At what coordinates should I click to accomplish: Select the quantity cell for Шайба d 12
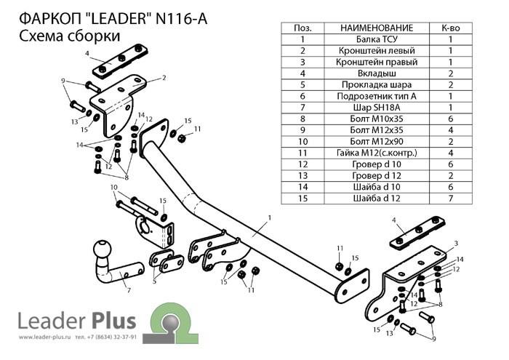[451, 197]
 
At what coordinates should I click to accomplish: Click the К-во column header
[451, 28]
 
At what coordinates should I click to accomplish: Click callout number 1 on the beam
[268, 217]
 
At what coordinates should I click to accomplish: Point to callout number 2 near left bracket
[164, 77]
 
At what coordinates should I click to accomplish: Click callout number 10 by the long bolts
[114, 188]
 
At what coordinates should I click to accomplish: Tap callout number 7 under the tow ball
[129, 291]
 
